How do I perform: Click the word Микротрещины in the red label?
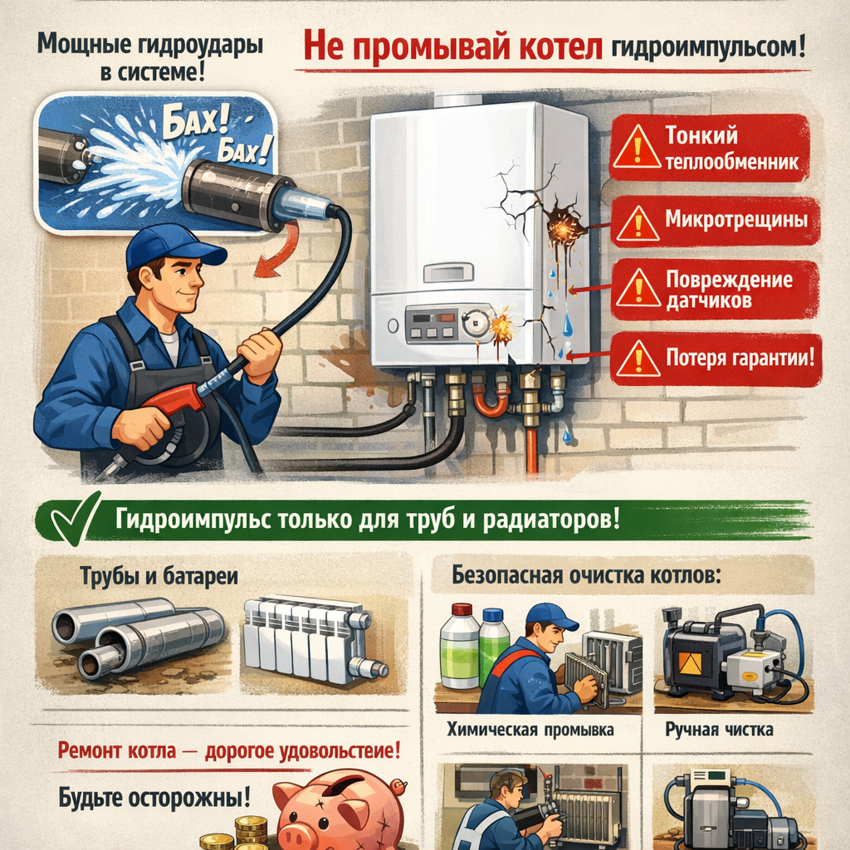click(x=736, y=219)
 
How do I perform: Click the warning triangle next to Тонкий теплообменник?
click(x=637, y=146)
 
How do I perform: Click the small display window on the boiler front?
click(x=448, y=272)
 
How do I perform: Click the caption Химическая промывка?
click(x=530, y=730)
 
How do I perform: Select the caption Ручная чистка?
click(x=719, y=730)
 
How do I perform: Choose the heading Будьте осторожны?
click(x=154, y=797)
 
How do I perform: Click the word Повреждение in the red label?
click(x=729, y=280)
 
